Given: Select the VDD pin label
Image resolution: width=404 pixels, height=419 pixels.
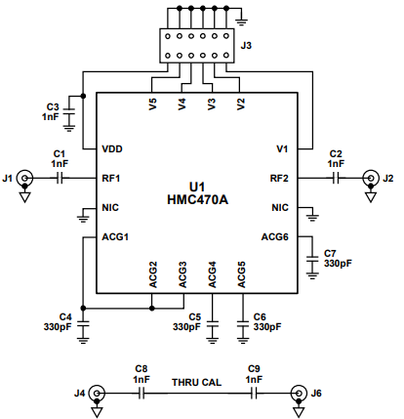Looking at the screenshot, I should click(x=113, y=149).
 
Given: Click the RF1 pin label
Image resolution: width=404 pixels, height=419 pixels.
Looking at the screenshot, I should click(x=111, y=179).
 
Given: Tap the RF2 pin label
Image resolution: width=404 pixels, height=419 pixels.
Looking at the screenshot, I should click(x=279, y=179).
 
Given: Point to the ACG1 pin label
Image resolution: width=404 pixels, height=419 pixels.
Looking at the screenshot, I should click(x=115, y=236).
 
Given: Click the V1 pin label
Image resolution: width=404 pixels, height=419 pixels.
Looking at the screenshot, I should click(x=282, y=149).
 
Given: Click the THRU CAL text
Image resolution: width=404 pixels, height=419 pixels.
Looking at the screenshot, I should click(x=197, y=382).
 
